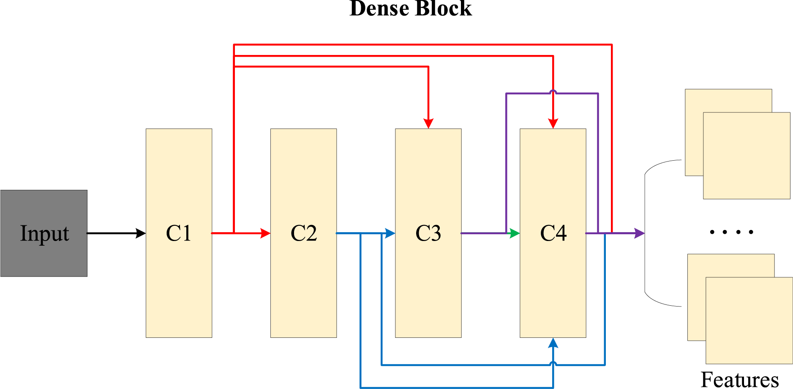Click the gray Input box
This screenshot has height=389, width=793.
44,233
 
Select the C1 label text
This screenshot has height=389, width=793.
179,233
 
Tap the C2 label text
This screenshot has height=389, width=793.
304,233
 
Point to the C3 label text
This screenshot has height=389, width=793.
428,233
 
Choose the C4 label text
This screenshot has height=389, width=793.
553,233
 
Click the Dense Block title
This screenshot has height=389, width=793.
411,8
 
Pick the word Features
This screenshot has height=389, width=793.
740,379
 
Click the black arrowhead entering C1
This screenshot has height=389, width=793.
141,233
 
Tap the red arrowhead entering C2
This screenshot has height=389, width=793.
265,233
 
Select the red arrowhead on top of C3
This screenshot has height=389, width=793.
428,123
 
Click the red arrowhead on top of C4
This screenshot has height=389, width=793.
553,123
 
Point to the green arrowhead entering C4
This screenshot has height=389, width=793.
515,233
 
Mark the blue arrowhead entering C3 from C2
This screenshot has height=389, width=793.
390,233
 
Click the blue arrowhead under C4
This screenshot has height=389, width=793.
553,343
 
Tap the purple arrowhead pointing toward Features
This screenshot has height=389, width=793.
640,233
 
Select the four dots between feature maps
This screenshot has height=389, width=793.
732,232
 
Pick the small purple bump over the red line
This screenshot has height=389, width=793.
553,91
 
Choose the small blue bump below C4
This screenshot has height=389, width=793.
553,363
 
